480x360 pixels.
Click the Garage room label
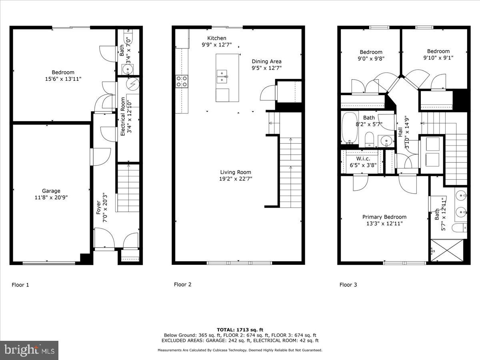(51, 191)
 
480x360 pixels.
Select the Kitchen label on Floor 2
(216, 38)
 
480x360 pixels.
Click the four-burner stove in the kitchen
(182, 82)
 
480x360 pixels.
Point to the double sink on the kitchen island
(222, 76)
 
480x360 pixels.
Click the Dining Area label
(266, 61)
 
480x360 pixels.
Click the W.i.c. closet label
(363, 158)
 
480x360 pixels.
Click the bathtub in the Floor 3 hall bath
(350, 128)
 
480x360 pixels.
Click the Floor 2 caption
(182, 284)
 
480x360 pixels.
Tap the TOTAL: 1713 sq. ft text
(240, 329)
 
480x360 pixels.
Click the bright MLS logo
(30, 350)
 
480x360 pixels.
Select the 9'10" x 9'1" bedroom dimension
(438, 58)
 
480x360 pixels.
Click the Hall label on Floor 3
(400, 132)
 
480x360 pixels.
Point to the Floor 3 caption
(348, 285)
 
